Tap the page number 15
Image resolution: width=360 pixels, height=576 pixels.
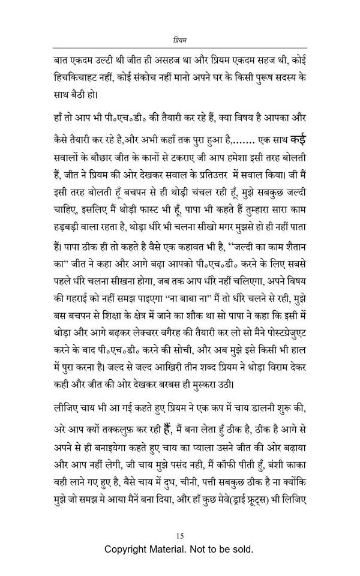180,535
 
